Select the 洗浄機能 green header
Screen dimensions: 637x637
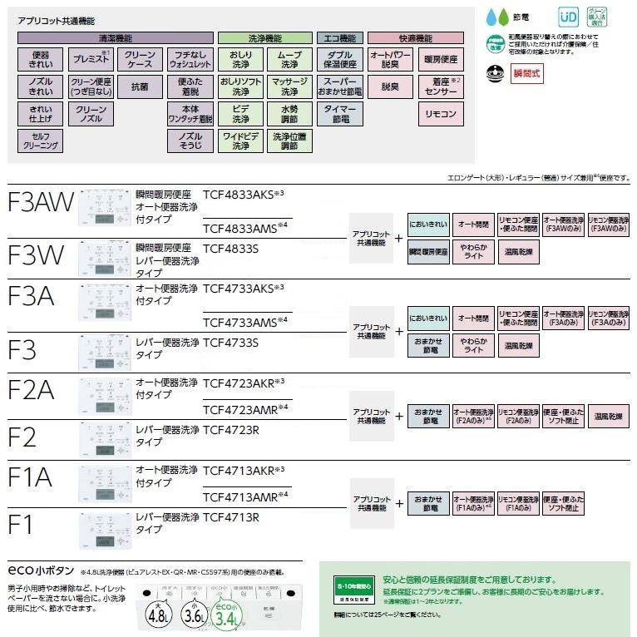coord(264,38)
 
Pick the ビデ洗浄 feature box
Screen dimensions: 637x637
coord(239,113)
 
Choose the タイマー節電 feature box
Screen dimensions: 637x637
coord(341,113)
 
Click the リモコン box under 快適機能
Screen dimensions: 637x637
coord(441,113)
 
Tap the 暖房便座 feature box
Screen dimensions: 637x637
coord(441,59)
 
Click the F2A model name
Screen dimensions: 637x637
coord(32,389)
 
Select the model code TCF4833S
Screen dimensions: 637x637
coord(231,248)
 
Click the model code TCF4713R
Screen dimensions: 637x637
coord(231,517)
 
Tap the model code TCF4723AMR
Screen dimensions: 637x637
coord(245,407)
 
